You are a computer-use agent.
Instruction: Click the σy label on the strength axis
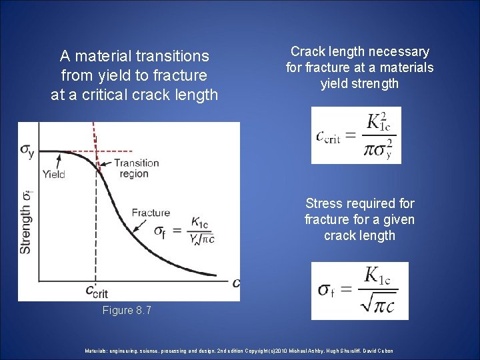click(x=27, y=152)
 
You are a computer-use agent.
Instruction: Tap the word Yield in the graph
click(x=53, y=175)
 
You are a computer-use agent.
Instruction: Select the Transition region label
click(x=135, y=168)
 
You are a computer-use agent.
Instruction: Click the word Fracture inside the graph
click(x=151, y=213)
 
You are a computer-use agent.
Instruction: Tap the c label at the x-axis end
click(x=235, y=283)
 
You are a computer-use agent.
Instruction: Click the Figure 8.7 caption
click(x=127, y=310)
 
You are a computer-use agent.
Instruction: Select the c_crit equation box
click(x=356, y=135)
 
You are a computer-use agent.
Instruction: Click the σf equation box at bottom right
click(x=360, y=291)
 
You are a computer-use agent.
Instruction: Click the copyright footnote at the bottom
click(x=239, y=351)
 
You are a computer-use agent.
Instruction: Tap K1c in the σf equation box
click(x=377, y=275)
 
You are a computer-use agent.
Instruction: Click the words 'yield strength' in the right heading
click(x=360, y=83)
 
